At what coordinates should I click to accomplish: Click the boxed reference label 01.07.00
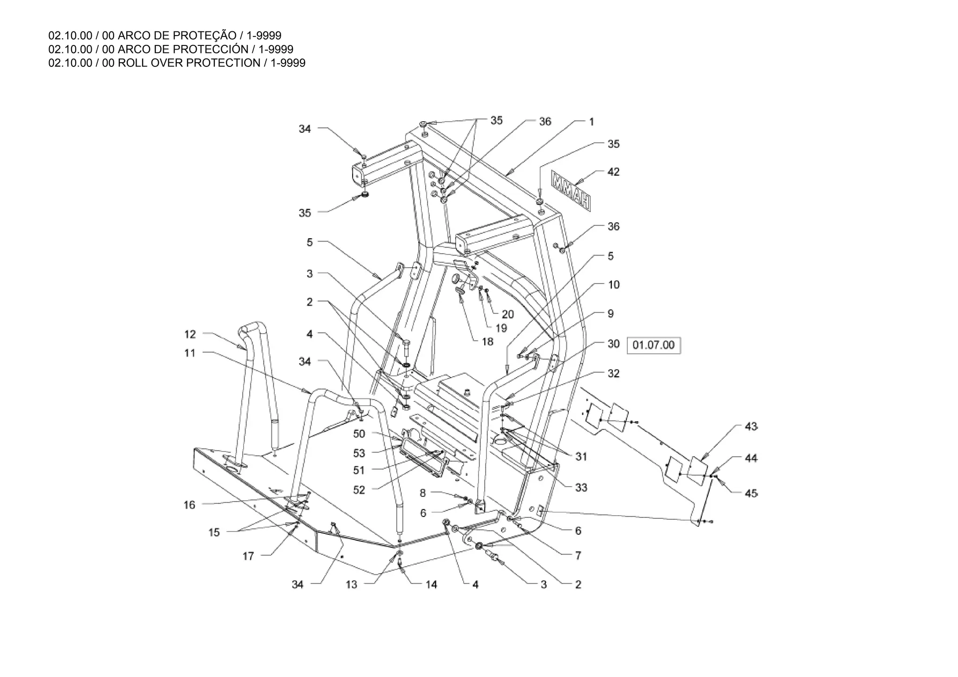click(653, 345)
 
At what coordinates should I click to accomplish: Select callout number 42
click(613, 172)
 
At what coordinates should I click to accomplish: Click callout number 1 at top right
click(591, 122)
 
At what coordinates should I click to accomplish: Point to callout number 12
click(190, 334)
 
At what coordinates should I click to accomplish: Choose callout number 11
click(189, 353)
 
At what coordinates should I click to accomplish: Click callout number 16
click(189, 505)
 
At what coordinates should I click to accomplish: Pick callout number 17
click(248, 556)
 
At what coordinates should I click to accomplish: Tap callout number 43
click(750, 427)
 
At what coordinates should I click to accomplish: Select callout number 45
click(750, 493)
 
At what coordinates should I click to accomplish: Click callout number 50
click(359, 434)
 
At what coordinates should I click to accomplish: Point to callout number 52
click(359, 490)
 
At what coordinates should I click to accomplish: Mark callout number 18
click(487, 342)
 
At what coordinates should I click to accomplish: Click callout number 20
click(508, 314)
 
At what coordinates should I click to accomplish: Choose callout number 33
click(581, 488)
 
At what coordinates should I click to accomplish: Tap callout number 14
click(431, 584)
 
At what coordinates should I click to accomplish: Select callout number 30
click(613, 344)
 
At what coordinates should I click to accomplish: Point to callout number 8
click(423, 493)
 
